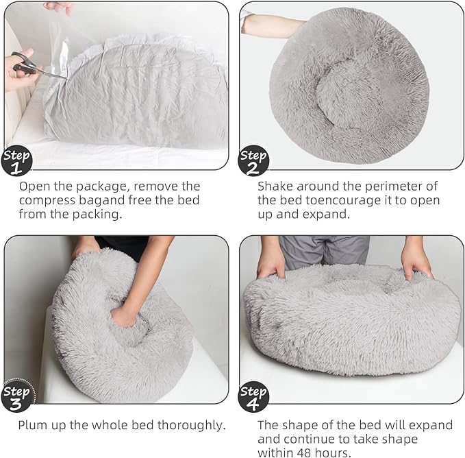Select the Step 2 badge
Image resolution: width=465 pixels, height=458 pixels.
253,160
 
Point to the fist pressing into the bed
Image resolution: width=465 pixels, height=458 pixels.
125,315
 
